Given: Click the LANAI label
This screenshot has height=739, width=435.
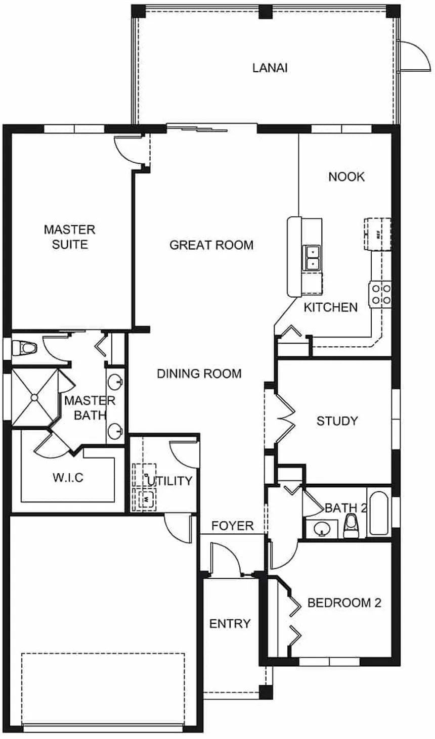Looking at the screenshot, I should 270,68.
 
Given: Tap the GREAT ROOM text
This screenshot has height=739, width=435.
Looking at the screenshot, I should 211,245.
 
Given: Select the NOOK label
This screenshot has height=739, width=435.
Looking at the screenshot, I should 346,176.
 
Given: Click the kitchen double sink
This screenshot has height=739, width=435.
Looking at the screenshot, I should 312,257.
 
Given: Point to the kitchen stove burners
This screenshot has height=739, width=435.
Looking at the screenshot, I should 381,294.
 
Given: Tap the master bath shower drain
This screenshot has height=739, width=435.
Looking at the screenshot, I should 34,398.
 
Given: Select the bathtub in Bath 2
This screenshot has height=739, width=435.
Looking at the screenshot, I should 379,513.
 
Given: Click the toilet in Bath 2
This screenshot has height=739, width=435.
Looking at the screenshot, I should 351,526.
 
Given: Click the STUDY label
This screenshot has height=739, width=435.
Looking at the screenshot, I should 337,421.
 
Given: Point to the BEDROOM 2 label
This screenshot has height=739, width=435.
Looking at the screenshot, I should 344,603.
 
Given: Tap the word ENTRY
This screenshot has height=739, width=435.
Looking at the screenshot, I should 230,624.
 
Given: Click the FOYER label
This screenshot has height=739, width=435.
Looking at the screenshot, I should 233,526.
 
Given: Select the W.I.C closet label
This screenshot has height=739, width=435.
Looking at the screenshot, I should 68,477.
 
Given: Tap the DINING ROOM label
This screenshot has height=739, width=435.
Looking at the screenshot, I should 199,374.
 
